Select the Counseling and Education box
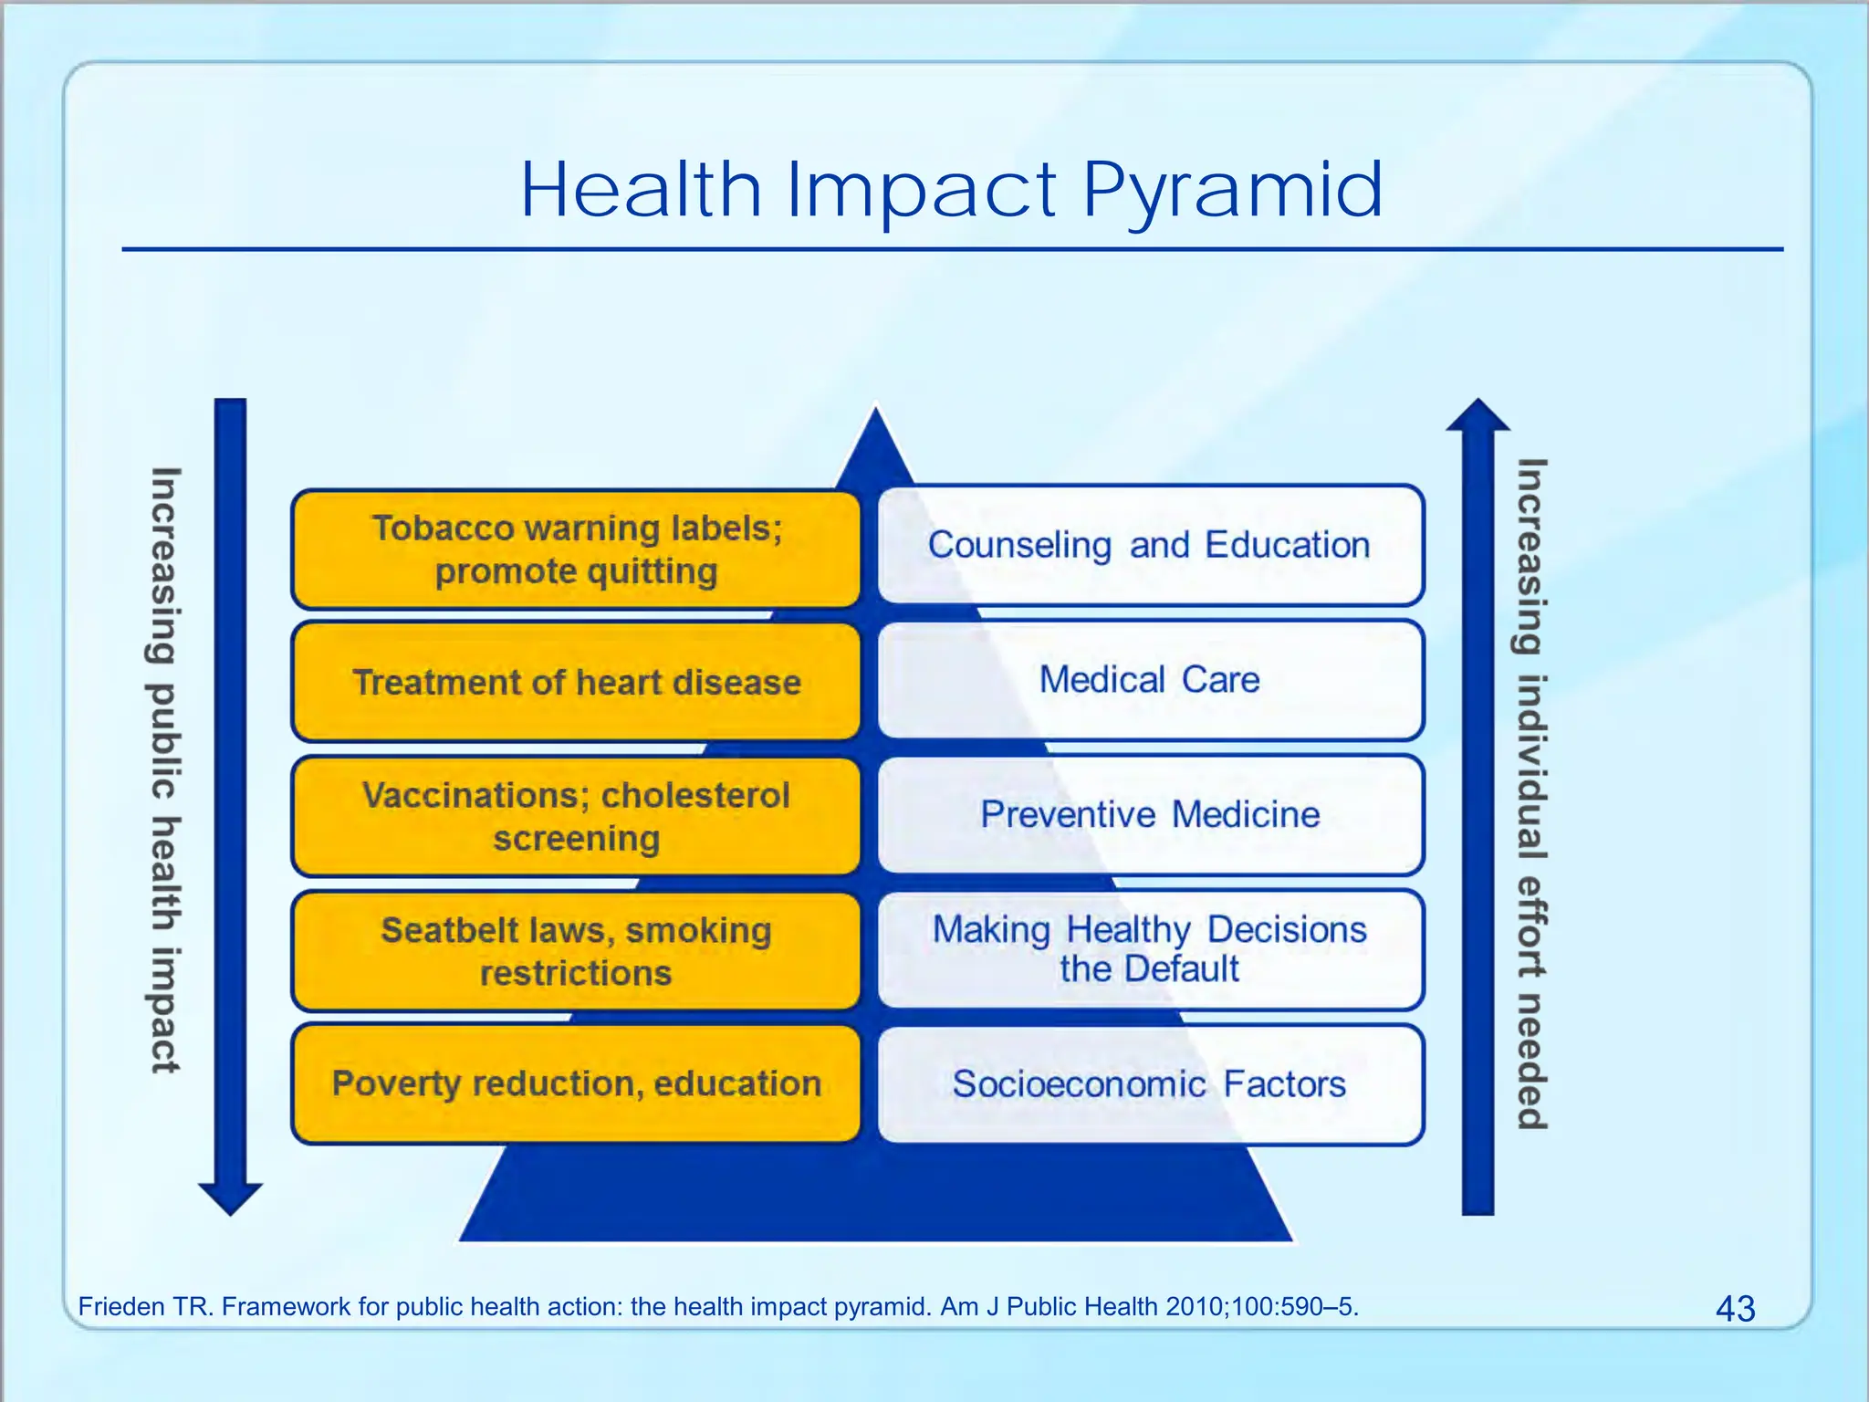click(1150, 545)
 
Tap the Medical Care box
click(1150, 680)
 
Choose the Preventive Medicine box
click(1150, 814)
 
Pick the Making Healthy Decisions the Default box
click(1150, 949)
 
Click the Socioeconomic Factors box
click(1150, 1084)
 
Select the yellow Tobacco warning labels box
click(576, 549)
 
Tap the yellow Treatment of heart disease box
click(576, 682)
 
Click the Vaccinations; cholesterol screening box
click(576, 816)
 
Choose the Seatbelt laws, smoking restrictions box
click(576, 951)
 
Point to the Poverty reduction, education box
click(576, 1083)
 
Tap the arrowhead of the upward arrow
click(1478, 416)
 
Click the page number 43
click(1735, 1309)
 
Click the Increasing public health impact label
click(165, 769)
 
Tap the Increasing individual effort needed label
click(1532, 794)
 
